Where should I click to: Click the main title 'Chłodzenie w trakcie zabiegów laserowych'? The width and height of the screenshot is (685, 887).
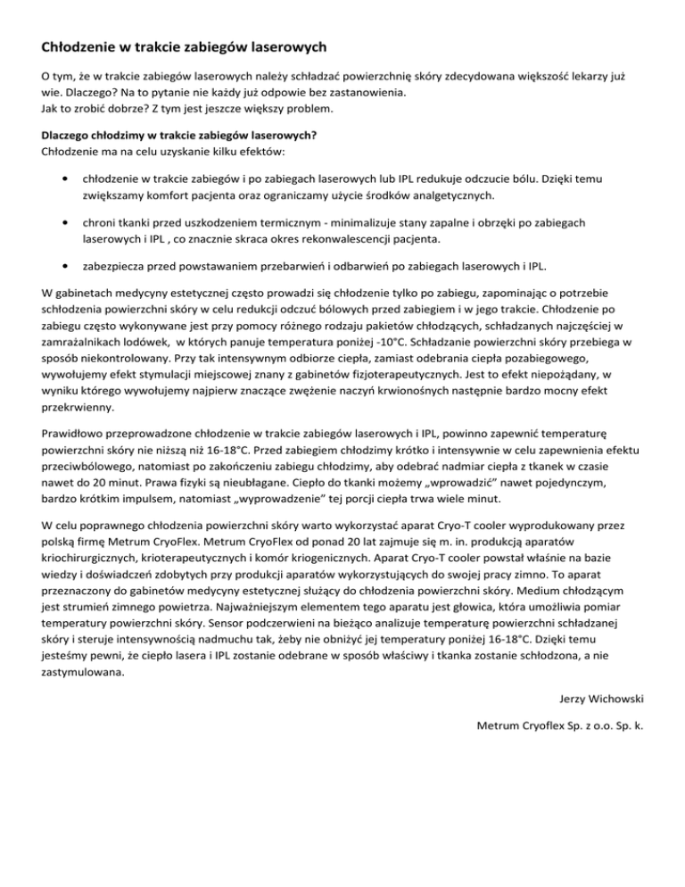tap(183, 46)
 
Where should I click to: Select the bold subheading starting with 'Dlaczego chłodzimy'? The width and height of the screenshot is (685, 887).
tap(180, 136)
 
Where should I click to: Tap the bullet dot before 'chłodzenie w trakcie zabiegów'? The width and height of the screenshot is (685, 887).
tap(58, 178)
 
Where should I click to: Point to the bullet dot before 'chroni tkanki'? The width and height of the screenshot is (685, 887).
tap(58, 222)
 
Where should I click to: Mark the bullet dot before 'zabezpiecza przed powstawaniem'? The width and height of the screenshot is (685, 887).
tap(58, 266)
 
